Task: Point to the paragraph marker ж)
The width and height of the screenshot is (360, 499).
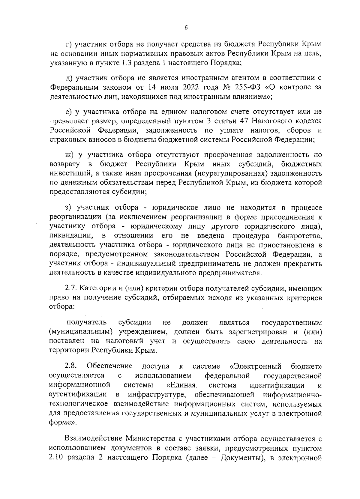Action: [70, 155]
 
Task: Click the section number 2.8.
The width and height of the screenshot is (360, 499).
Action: [71, 366]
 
